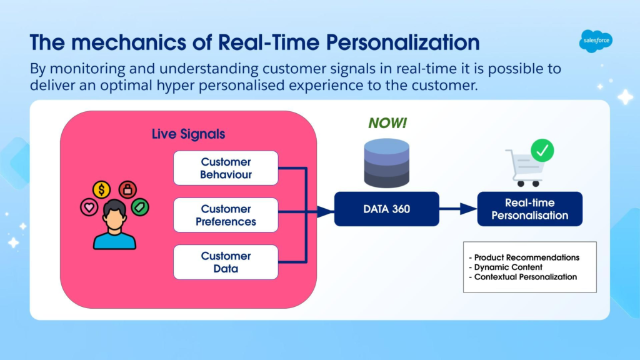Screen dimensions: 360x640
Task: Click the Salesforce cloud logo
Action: click(595, 42)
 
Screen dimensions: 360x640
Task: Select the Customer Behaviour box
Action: click(226, 168)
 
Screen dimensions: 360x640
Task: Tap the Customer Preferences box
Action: click(226, 215)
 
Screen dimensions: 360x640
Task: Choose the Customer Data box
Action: click(226, 262)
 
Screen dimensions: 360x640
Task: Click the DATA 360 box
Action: click(386, 209)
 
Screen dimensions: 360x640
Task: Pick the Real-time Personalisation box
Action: click(529, 209)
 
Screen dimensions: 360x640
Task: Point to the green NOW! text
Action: click(387, 123)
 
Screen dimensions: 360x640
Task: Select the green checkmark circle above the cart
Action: click(542, 150)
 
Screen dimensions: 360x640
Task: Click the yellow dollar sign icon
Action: click(101, 189)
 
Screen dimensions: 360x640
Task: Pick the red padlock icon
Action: click(127, 189)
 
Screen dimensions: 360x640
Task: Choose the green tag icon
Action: click(140, 207)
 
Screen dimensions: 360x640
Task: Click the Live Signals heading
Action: click(188, 134)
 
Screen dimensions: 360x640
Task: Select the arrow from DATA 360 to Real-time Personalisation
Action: click(458, 209)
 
